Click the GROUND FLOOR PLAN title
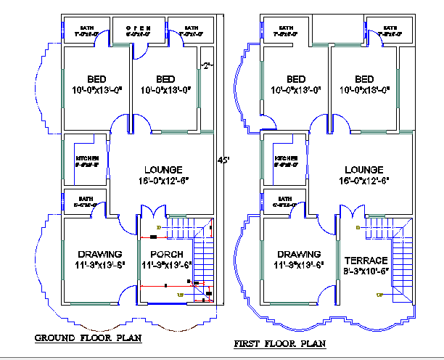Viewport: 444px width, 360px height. (88, 337)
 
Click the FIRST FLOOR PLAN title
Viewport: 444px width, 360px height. (279, 343)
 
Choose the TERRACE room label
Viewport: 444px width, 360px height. (366, 260)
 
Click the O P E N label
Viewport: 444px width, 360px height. (137, 27)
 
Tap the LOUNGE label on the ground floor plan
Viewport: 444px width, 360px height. (163, 170)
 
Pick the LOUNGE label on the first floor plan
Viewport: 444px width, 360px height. (363, 169)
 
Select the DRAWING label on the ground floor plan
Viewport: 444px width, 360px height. (99, 254)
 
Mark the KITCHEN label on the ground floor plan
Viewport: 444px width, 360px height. (87, 158)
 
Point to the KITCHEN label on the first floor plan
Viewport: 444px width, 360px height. (287, 158)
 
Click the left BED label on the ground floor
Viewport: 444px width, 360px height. (96, 79)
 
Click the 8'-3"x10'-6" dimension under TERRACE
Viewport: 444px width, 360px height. (366, 271)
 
